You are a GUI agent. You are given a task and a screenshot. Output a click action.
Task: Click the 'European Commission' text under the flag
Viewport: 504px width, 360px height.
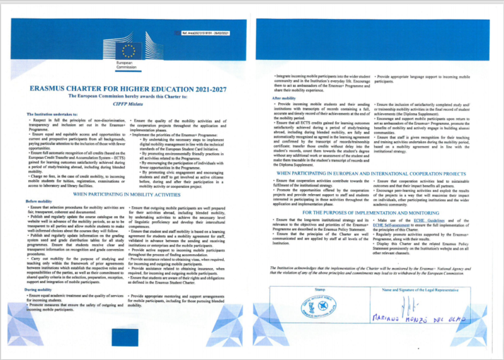click(x=127, y=67)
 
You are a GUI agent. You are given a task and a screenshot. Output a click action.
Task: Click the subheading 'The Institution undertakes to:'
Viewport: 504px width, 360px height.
click(x=52, y=114)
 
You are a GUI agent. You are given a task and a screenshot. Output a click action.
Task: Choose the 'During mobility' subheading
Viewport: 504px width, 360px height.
click(x=39, y=289)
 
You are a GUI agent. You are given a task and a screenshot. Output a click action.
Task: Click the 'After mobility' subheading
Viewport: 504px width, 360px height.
click(x=285, y=98)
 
